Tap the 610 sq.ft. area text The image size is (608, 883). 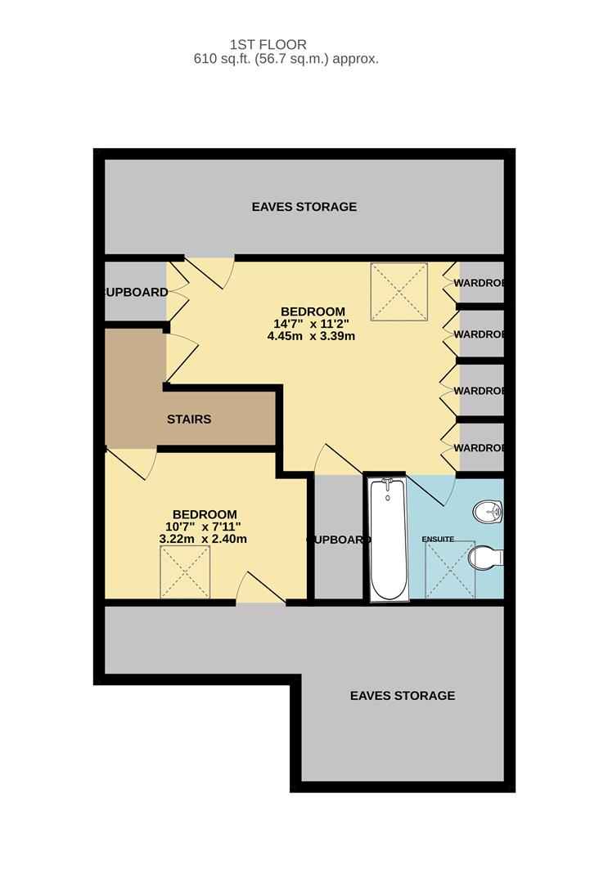[286, 59]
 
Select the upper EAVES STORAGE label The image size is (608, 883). [304, 207]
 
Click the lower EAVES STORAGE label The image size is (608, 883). [402, 696]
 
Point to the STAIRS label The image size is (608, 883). [189, 419]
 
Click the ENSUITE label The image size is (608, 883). [437, 540]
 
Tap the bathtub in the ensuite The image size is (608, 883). [387, 539]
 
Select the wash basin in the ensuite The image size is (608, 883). [489, 511]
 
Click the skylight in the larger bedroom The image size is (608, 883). [399, 292]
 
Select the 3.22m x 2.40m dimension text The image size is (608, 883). [203, 539]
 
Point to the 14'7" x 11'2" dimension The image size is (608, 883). [312, 323]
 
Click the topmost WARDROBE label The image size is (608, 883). [479, 283]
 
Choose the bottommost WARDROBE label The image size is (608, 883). [479, 448]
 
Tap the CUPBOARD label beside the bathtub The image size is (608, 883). [338, 540]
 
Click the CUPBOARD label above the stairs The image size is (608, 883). [137, 292]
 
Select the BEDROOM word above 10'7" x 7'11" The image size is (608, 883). [205, 514]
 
